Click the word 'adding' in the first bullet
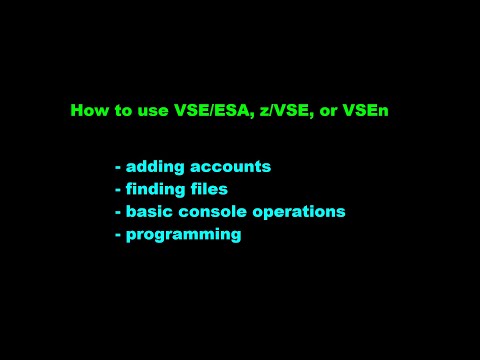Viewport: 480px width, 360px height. point(150,165)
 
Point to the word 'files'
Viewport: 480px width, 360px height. point(208,188)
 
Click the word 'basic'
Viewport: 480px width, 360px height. point(146,211)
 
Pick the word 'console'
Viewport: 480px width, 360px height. point(206,211)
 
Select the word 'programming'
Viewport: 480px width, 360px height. point(183,235)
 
